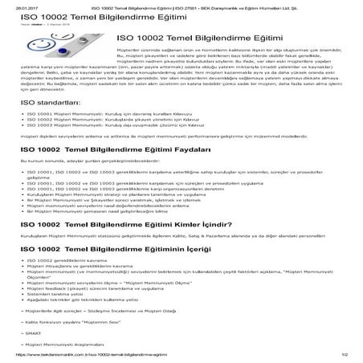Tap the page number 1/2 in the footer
[x=344, y=355]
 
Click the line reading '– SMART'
[x=29, y=330]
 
